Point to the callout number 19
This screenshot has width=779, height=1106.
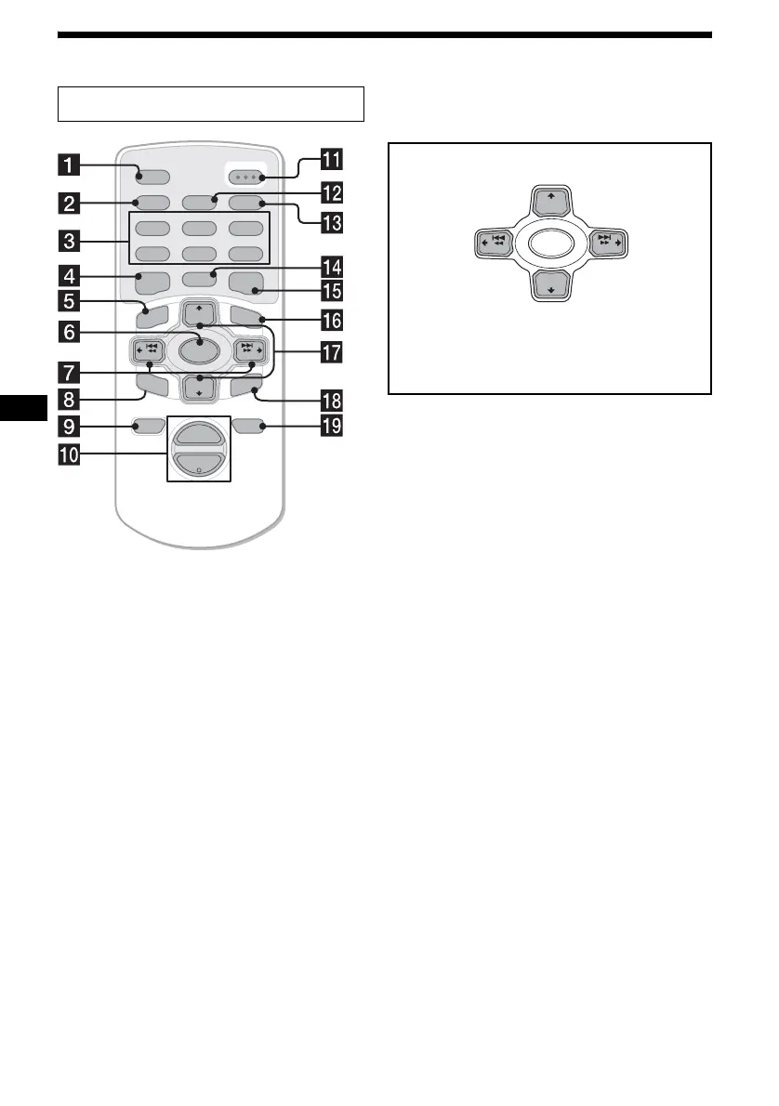331,429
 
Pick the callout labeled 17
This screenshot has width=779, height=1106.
331,352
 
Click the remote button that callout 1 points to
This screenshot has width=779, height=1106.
150,175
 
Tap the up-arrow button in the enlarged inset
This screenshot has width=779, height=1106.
548,200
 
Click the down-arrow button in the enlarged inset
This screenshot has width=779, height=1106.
548,285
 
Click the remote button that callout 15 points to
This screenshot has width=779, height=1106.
249,283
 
